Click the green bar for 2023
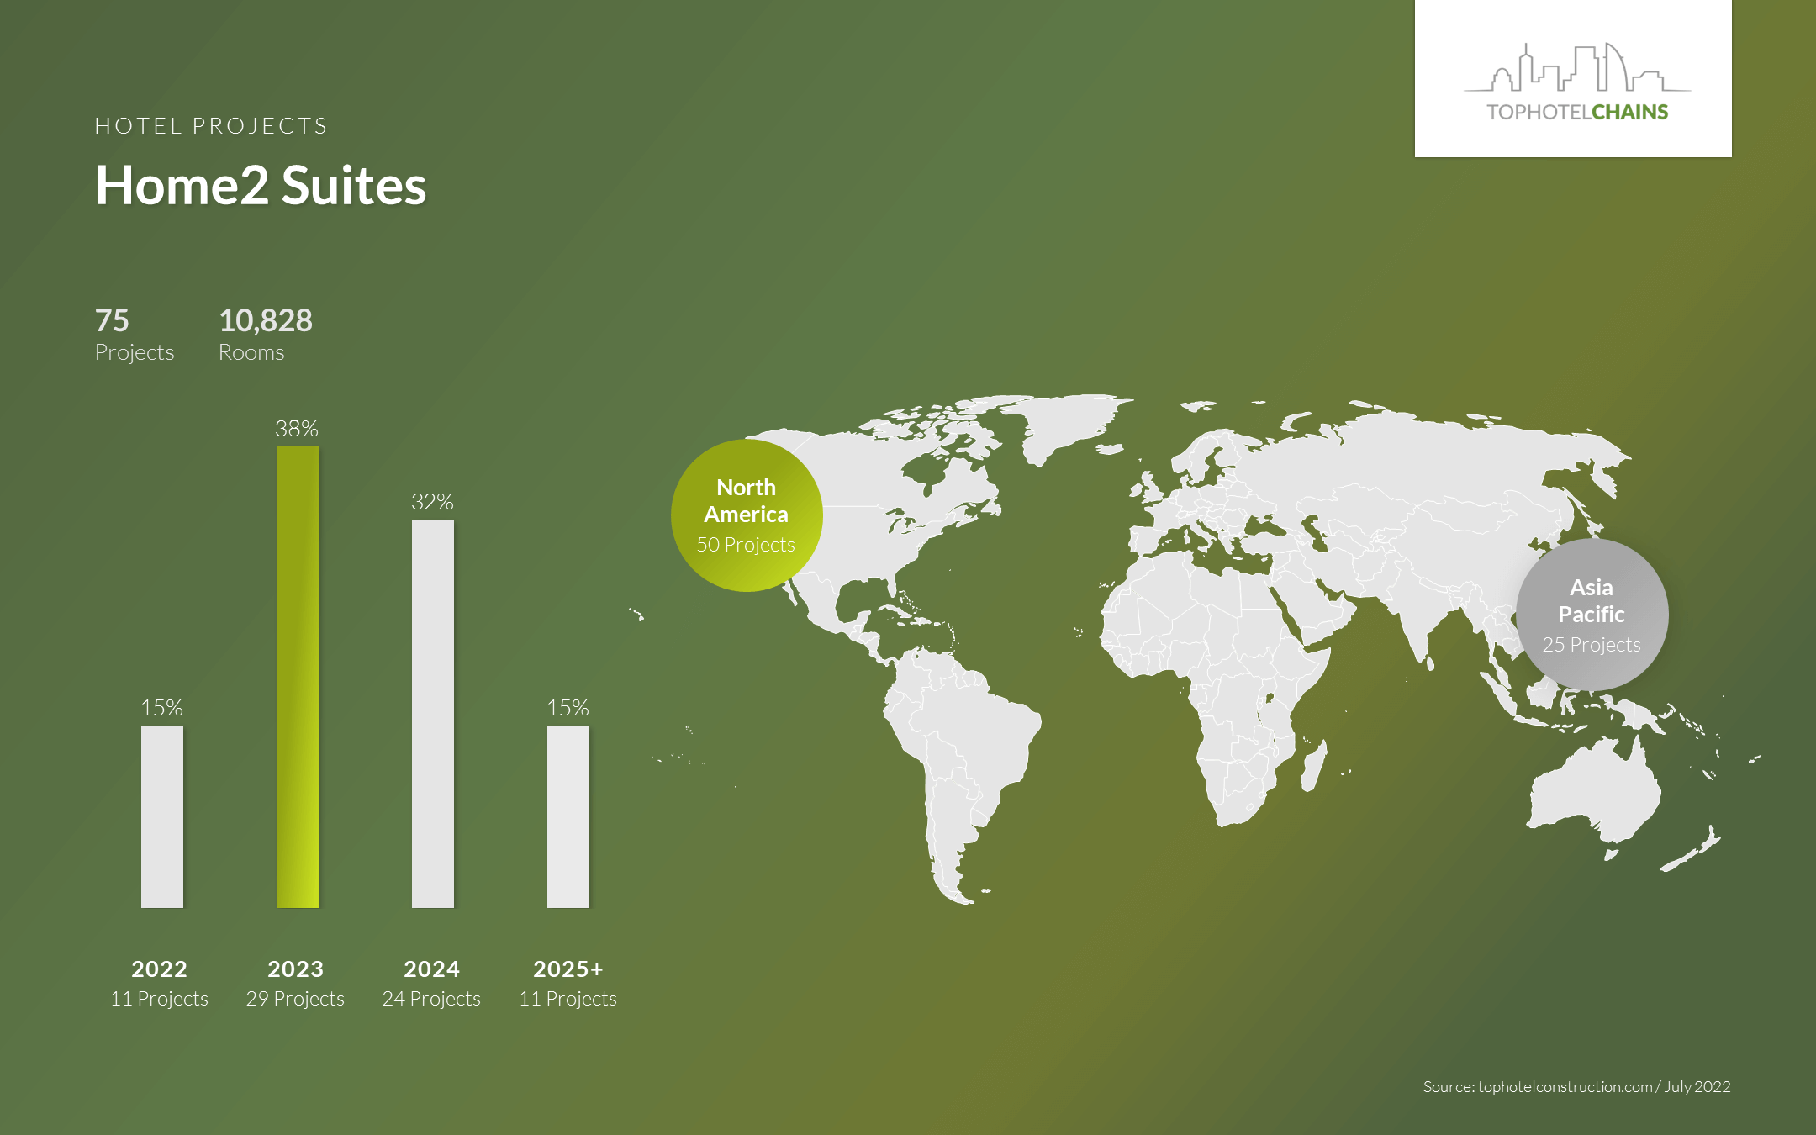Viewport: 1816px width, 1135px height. pyautogui.click(x=298, y=677)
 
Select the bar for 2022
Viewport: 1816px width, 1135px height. pyautogui.click(x=162, y=816)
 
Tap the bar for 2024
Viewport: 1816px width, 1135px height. pyautogui.click(x=433, y=714)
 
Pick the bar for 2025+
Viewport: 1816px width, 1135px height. pyautogui.click(x=568, y=816)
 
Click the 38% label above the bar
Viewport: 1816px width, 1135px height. pyautogui.click(x=297, y=429)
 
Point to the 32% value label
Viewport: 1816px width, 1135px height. pyautogui.click(x=432, y=502)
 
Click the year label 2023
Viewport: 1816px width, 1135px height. pyautogui.click(x=295, y=969)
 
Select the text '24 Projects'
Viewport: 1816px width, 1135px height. pyautogui.click(x=431, y=999)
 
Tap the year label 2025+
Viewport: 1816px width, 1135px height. pyautogui.click(x=568, y=969)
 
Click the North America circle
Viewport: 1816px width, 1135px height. pyautogui.click(x=747, y=515)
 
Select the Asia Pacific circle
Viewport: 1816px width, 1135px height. pyautogui.click(x=1592, y=615)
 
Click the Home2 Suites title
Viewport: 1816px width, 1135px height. pyautogui.click(x=261, y=185)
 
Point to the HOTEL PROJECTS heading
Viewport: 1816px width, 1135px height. pyautogui.click(x=211, y=126)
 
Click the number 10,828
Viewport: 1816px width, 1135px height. pyautogui.click(x=266, y=320)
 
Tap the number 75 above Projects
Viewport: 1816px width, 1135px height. pyautogui.click(x=112, y=320)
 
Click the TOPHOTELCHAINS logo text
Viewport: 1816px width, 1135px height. pyautogui.click(x=1577, y=112)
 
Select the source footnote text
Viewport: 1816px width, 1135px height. pyautogui.click(x=1577, y=1087)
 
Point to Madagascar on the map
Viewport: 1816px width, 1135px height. pyautogui.click(x=1314, y=767)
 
